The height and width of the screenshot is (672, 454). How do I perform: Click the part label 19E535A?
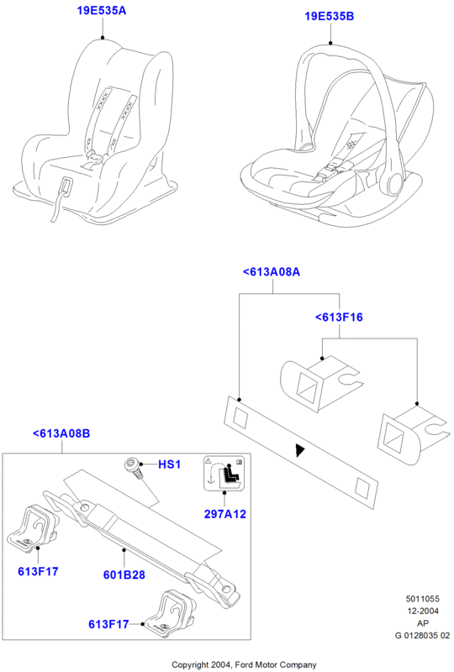(102, 10)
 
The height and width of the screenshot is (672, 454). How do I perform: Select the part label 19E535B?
(330, 16)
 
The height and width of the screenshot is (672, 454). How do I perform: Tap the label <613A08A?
(272, 272)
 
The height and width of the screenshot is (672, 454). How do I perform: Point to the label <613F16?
(339, 318)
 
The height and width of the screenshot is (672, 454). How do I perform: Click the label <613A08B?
(61, 433)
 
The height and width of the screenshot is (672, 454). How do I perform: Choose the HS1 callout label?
(170, 465)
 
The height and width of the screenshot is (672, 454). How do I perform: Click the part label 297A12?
(224, 514)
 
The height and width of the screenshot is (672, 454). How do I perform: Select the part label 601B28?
(124, 575)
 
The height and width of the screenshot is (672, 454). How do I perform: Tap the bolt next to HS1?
(133, 469)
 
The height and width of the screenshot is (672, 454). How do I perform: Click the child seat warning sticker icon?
(224, 473)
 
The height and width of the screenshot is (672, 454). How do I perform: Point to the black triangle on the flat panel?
(300, 450)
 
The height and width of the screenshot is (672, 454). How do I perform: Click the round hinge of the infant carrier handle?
(394, 182)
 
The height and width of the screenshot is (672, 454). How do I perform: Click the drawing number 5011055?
(423, 599)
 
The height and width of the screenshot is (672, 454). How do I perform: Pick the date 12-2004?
(423, 612)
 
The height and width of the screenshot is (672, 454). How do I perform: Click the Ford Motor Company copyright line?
(244, 664)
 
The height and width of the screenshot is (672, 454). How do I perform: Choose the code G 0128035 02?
(423, 636)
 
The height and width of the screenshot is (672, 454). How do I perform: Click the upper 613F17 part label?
(38, 571)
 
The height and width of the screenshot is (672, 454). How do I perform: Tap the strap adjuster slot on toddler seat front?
(66, 186)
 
